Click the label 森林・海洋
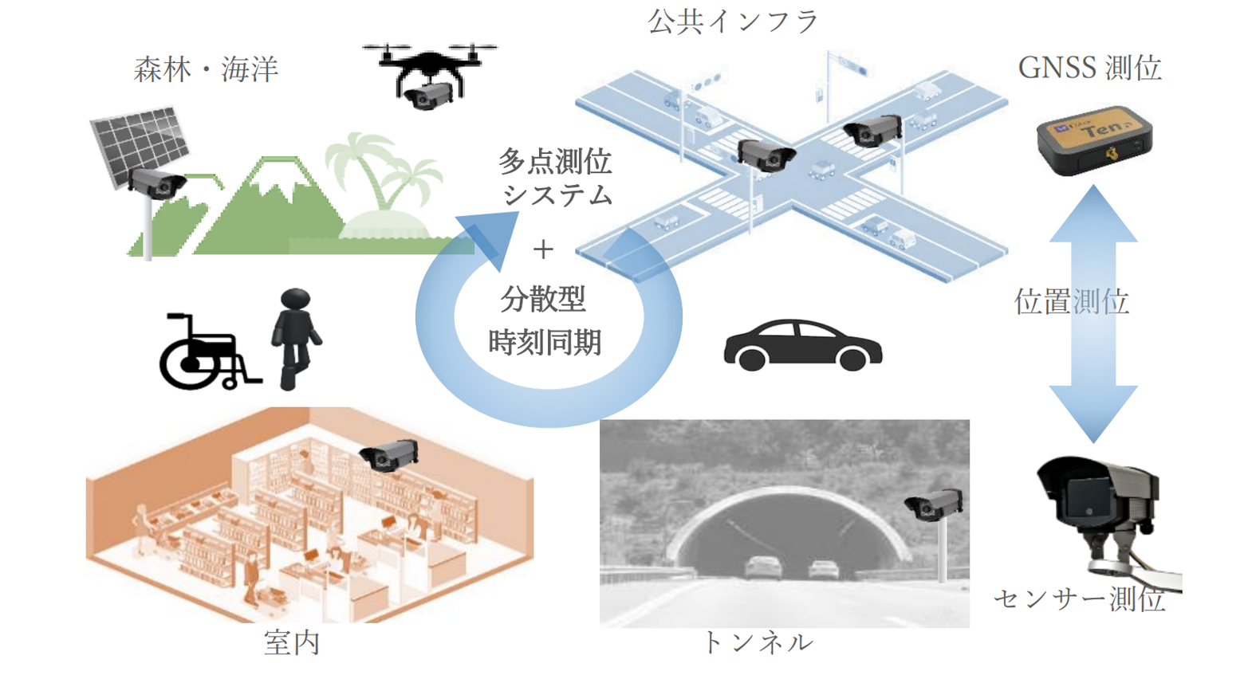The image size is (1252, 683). [x=206, y=70]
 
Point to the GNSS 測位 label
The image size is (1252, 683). [x=1089, y=69]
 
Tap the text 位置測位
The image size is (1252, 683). [x=1071, y=302]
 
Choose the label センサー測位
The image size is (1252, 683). [x=1079, y=599]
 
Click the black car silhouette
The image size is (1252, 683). [x=802, y=346]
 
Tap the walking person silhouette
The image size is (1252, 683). [x=296, y=338]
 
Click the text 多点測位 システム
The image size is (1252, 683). [x=557, y=178]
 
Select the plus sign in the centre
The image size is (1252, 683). [x=543, y=249]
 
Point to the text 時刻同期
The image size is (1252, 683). [x=545, y=343]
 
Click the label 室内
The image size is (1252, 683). [x=292, y=642]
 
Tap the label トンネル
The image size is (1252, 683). [x=757, y=642]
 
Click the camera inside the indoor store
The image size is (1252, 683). [x=389, y=455]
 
